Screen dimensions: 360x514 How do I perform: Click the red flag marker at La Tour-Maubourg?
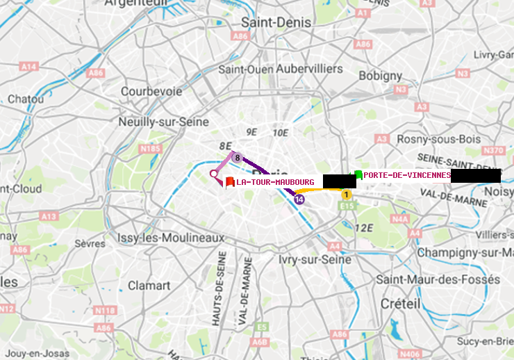point(229,182)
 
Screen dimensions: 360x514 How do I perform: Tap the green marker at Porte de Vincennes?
point(358,174)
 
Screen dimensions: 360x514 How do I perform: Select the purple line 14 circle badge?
point(299,199)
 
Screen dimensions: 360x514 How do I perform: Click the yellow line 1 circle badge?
point(346,195)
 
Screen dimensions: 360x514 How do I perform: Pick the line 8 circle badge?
point(237,158)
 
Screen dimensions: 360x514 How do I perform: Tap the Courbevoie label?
point(151,91)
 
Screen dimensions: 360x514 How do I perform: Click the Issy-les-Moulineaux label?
point(171,238)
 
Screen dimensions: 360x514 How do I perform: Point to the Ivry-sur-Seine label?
point(315,259)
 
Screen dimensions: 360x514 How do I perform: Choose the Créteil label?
point(401,304)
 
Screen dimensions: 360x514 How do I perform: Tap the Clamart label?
point(149,285)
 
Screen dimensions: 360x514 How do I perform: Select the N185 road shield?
point(150,148)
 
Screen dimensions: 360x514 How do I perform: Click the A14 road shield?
point(28,67)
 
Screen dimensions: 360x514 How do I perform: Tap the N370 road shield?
point(490,150)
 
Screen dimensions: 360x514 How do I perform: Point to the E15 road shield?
point(348,206)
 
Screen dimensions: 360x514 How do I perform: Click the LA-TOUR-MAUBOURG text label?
point(275,182)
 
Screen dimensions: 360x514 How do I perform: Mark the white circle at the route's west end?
point(214,174)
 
